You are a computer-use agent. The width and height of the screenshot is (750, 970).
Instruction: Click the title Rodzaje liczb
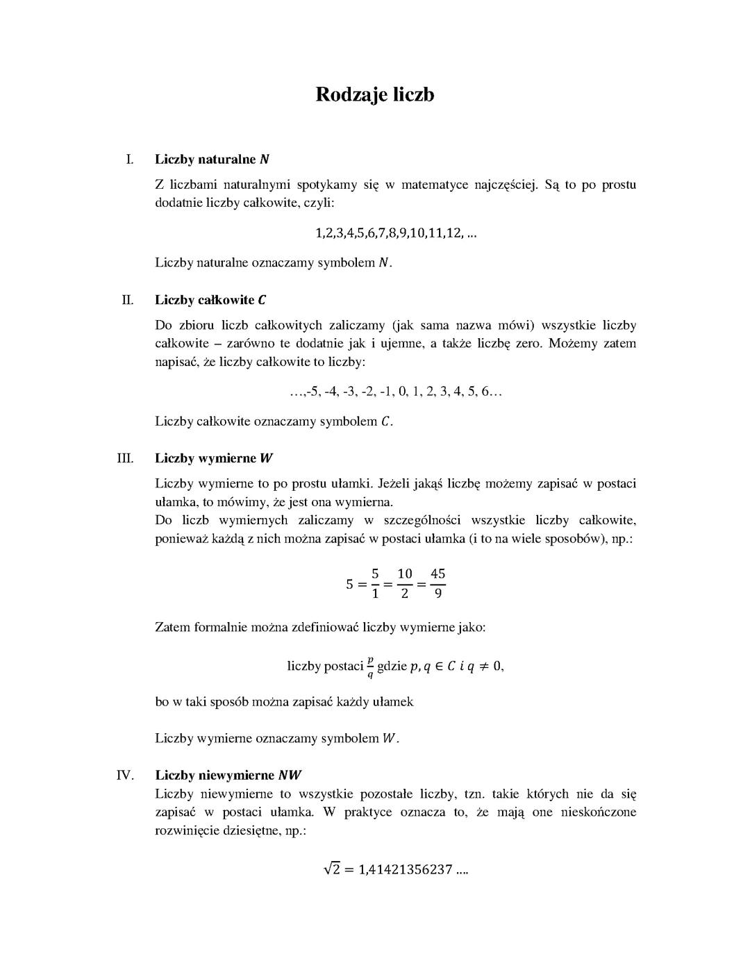click(x=375, y=94)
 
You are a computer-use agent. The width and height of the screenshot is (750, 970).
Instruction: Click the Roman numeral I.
click(x=129, y=159)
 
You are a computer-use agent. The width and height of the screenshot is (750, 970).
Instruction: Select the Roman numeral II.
click(x=128, y=300)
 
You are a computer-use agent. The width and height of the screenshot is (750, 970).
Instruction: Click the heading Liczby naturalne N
click(x=212, y=159)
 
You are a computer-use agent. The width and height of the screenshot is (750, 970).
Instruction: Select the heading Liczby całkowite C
click(x=210, y=300)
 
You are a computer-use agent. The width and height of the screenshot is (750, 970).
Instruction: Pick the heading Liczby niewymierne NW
click(x=228, y=775)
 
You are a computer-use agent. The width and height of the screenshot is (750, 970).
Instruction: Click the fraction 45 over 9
click(x=437, y=583)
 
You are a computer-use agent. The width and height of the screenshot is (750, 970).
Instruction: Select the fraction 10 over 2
click(x=405, y=583)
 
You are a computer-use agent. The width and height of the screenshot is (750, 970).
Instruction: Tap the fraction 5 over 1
click(x=375, y=583)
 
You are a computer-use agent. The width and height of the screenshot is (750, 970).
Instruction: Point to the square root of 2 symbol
click(x=331, y=869)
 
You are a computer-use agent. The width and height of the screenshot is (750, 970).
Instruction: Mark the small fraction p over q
click(x=370, y=666)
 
